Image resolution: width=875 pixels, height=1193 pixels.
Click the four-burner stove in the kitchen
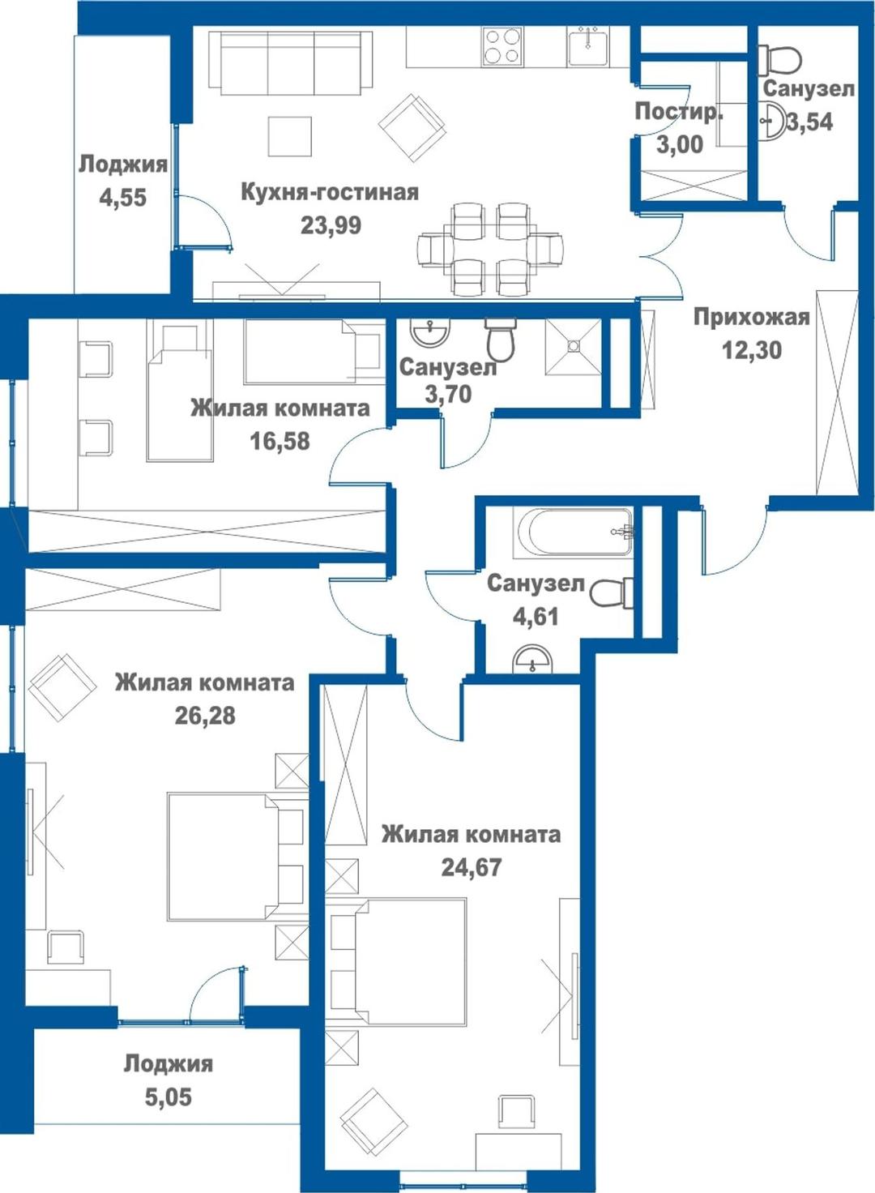502,46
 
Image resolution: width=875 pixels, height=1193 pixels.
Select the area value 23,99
331,225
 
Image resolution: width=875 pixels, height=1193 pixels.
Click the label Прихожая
751,318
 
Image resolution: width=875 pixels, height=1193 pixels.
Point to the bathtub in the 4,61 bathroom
574,533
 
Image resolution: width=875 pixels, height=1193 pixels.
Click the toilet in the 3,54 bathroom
779,58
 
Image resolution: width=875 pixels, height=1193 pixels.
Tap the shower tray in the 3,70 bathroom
573,347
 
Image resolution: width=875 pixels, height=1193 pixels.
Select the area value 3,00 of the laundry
680,144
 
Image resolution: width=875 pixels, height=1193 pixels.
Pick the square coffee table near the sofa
290,136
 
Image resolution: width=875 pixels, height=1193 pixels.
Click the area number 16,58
280,441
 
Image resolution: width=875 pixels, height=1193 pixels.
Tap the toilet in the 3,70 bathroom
500,339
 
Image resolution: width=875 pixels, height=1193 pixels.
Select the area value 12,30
751,350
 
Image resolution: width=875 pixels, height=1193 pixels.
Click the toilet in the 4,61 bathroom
612,592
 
